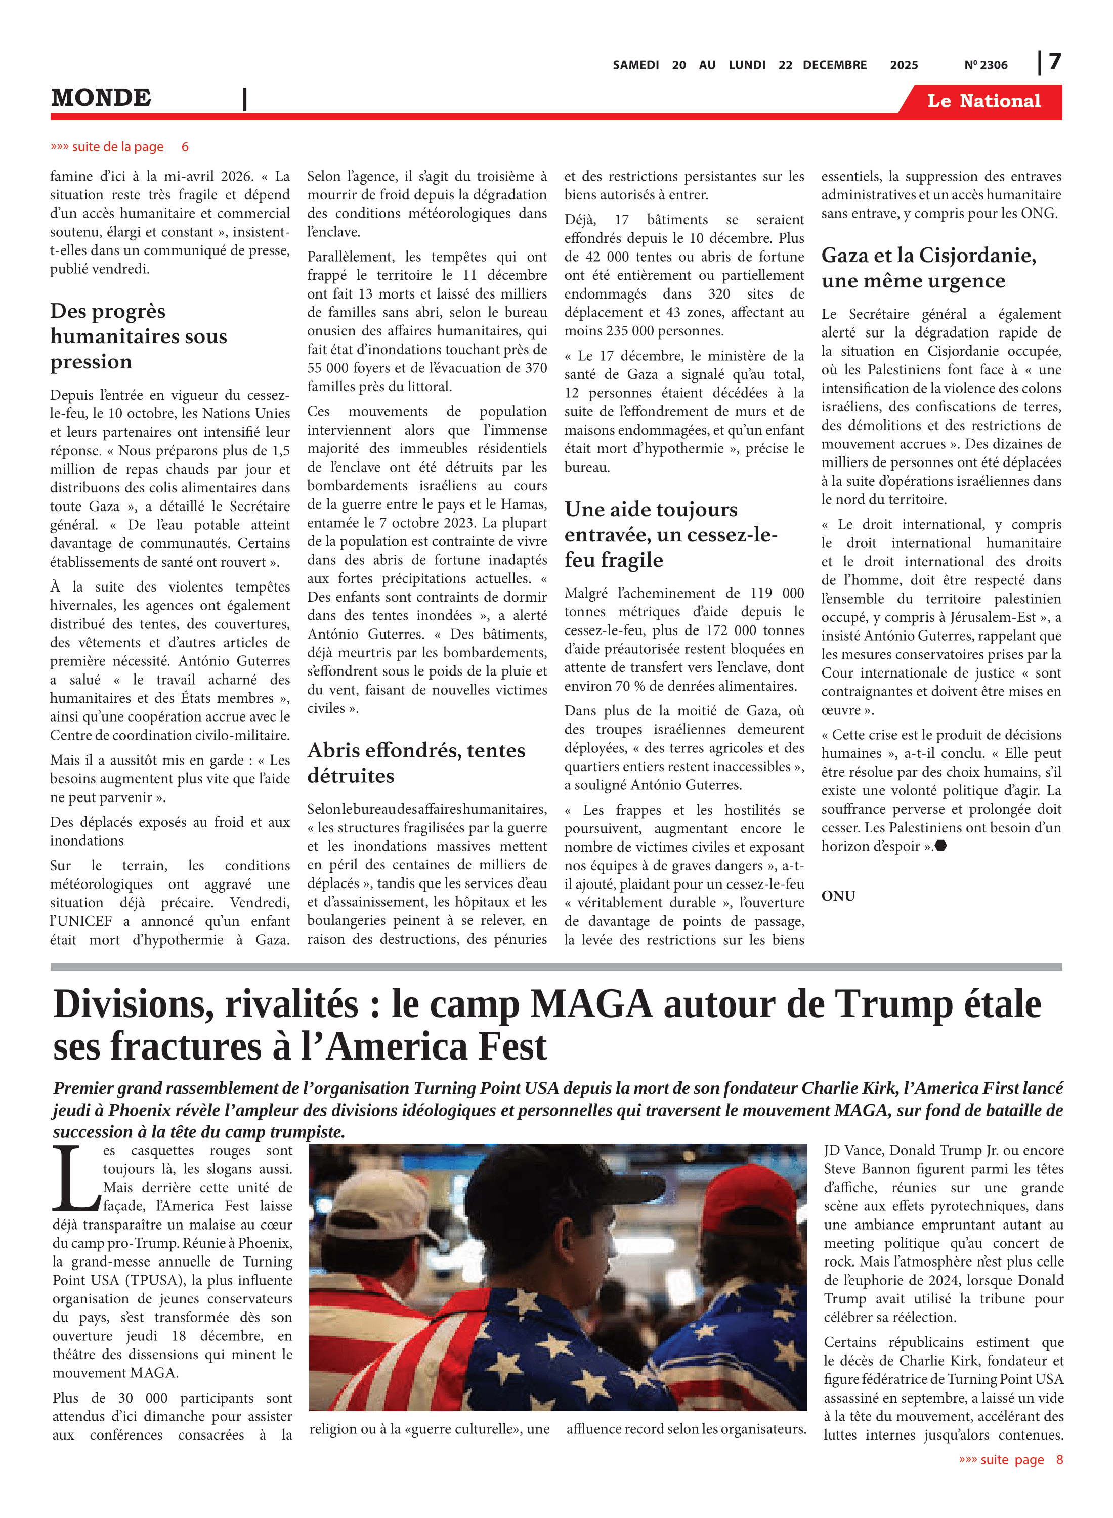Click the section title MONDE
coord(101,98)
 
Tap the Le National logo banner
coord(983,101)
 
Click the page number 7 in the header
coord(1054,62)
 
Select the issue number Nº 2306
coord(986,65)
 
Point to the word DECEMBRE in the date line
coord(835,65)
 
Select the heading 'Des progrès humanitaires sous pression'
coord(138,336)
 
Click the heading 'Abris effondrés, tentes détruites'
coord(416,763)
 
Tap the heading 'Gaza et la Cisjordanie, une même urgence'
coord(928,268)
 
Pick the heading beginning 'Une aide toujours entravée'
coord(671,534)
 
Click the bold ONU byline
coord(838,896)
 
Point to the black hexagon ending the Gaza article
coord(941,846)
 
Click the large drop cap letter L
coord(75,1178)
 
